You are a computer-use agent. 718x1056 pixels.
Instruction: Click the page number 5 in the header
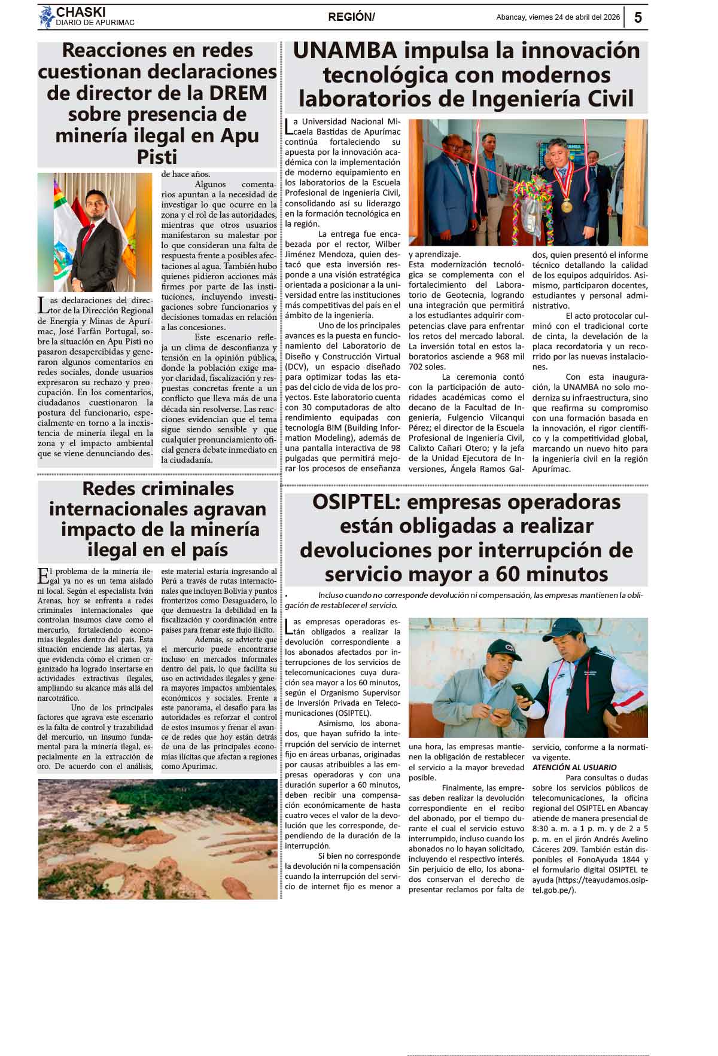638,17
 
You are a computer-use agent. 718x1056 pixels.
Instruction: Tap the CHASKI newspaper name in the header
80,12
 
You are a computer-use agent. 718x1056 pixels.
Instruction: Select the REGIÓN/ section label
351,17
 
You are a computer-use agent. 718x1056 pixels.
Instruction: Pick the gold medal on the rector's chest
566,206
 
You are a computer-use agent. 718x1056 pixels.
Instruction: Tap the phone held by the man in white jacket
526,697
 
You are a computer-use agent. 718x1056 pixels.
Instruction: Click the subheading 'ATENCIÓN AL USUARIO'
574,767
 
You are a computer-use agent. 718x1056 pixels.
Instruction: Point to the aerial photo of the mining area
157,838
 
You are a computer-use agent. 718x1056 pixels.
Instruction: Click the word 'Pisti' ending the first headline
157,157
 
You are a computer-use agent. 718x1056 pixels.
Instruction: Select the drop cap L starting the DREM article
42,305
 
